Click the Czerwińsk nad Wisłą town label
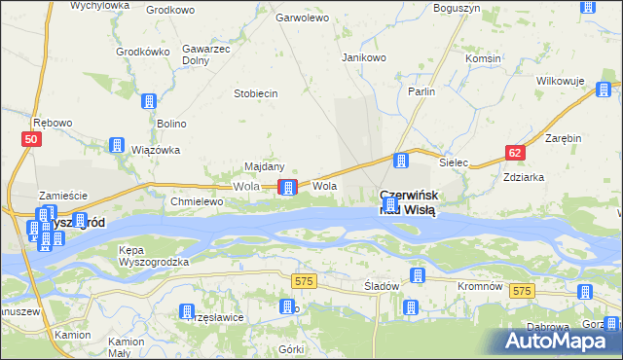click(409, 201)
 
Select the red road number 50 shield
click(31, 140)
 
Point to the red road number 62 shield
click(515, 152)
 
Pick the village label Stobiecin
click(256, 93)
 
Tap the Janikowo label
click(364, 57)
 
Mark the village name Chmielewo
click(198, 201)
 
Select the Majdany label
click(264, 166)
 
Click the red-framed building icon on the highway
click(287, 187)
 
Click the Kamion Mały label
click(127, 347)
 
